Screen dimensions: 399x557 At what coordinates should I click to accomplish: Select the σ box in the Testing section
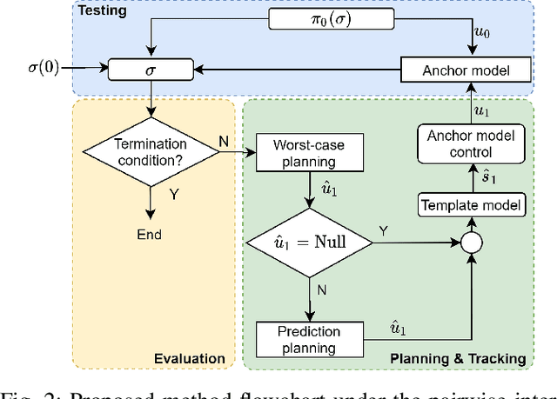tap(152, 67)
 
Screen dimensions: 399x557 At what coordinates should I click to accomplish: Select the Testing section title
tap(102, 12)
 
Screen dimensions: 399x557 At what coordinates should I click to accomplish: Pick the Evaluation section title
tap(189, 358)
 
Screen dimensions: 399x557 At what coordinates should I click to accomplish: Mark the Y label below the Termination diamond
tap(173, 196)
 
